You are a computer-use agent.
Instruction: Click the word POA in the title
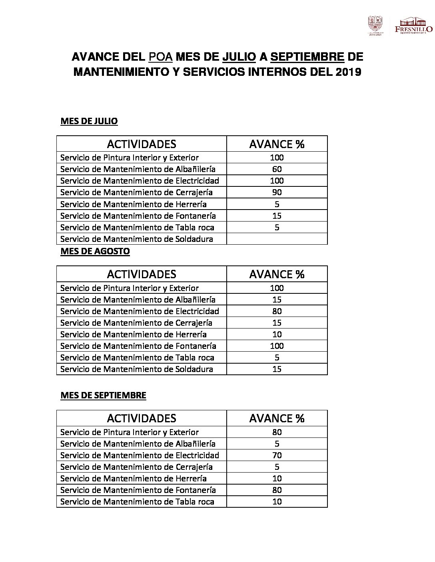(161, 57)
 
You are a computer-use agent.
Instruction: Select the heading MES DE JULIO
(89, 121)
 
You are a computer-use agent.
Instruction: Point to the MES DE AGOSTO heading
(95, 251)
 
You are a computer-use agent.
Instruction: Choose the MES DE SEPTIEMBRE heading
(103, 395)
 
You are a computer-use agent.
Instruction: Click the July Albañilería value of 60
(277, 169)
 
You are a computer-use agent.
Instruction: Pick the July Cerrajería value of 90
(277, 192)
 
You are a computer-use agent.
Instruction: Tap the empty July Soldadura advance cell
(277, 239)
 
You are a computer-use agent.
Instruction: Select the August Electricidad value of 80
(277, 311)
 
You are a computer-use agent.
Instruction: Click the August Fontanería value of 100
(277, 346)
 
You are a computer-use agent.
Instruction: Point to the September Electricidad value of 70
(277, 455)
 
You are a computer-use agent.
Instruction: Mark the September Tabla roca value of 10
(277, 502)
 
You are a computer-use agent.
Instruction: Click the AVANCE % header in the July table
(277, 144)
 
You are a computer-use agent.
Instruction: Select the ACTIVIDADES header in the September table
(142, 418)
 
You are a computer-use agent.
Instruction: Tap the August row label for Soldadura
(137, 369)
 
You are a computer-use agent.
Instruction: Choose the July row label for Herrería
(134, 204)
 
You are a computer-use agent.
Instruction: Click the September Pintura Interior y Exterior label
(130, 432)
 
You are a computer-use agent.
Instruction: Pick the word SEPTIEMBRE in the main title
(307, 57)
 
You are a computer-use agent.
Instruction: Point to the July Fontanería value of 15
(277, 216)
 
